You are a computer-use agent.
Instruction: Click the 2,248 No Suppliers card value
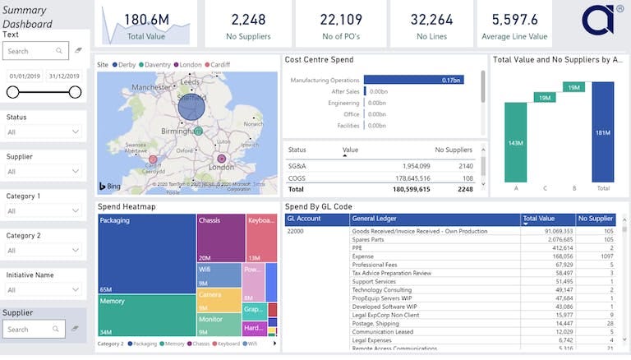point(247,19)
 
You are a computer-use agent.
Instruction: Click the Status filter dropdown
point(44,132)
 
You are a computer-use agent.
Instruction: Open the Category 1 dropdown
point(44,211)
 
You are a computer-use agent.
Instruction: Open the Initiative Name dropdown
point(44,290)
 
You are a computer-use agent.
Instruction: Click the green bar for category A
point(516,141)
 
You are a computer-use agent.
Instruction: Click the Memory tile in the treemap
point(146,316)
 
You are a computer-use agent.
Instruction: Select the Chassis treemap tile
point(221,238)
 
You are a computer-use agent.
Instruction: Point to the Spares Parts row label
point(370,239)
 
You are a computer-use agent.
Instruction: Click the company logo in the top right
point(598,21)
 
